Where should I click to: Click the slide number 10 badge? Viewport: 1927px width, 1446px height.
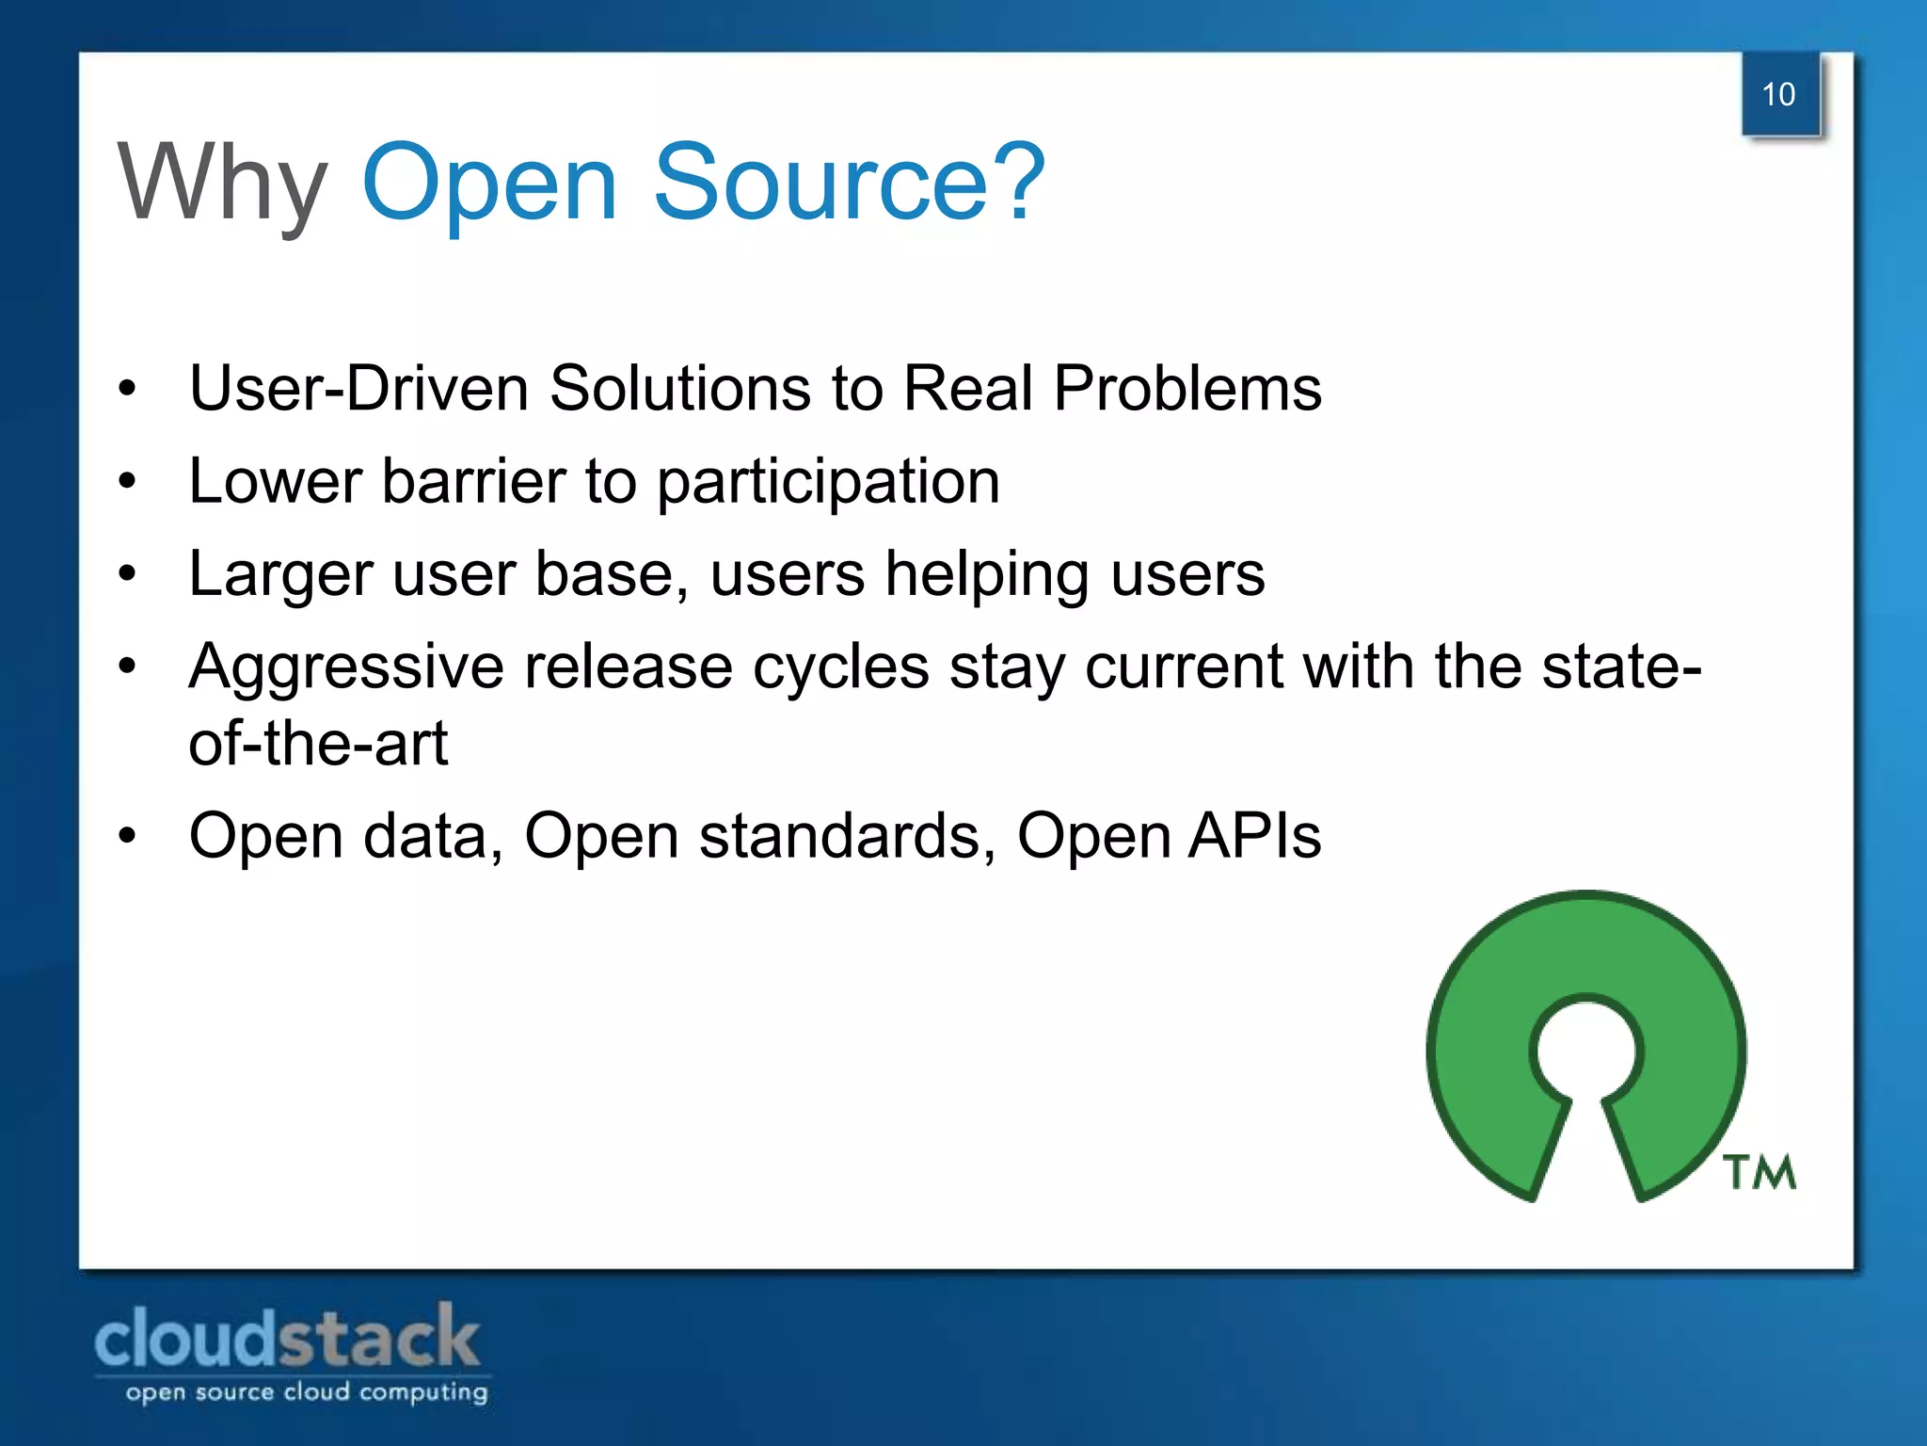[1779, 94]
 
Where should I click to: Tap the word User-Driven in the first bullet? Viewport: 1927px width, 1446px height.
[358, 388]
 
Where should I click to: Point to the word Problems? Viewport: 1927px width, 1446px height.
[1187, 388]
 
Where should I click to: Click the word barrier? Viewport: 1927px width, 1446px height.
[473, 481]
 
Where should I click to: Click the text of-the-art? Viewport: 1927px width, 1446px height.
[318, 743]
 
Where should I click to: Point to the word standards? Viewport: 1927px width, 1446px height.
[847, 836]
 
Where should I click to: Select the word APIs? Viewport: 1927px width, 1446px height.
[1254, 836]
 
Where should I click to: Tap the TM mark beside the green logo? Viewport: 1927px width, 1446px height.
[1760, 1173]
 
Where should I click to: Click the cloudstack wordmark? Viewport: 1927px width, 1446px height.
[288, 1338]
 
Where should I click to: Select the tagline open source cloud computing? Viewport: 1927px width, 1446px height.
[307, 1392]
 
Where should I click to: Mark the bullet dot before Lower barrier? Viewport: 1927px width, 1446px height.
[128, 481]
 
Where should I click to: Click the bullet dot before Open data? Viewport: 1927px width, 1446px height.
[128, 836]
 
